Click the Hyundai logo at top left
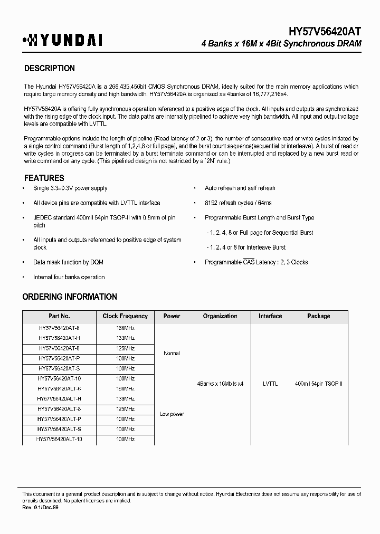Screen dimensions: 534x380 (62, 40)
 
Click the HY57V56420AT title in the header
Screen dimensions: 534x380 (317, 32)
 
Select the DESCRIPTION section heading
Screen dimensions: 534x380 (50, 69)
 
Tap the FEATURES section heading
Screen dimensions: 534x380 (44, 178)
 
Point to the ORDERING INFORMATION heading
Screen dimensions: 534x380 (70, 297)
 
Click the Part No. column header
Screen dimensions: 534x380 (59, 316)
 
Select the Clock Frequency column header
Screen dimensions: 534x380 (125, 316)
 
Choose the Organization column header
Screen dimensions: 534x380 (220, 316)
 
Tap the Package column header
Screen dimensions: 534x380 (319, 316)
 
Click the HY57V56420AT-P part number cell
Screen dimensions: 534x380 (59, 358)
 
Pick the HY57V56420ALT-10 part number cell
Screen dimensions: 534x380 (59, 439)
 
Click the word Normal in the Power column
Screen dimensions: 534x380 (172, 354)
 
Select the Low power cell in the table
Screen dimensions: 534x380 (172, 414)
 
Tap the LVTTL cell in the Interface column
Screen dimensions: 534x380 (270, 384)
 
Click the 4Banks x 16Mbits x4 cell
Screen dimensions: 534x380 (220, 384)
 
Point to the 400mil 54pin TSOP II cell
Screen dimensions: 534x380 (319, 384)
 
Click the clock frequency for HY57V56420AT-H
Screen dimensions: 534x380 (125, 338)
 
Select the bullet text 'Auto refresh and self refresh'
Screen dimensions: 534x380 (240, 188)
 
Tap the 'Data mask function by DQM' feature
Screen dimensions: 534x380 (68, 262)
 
